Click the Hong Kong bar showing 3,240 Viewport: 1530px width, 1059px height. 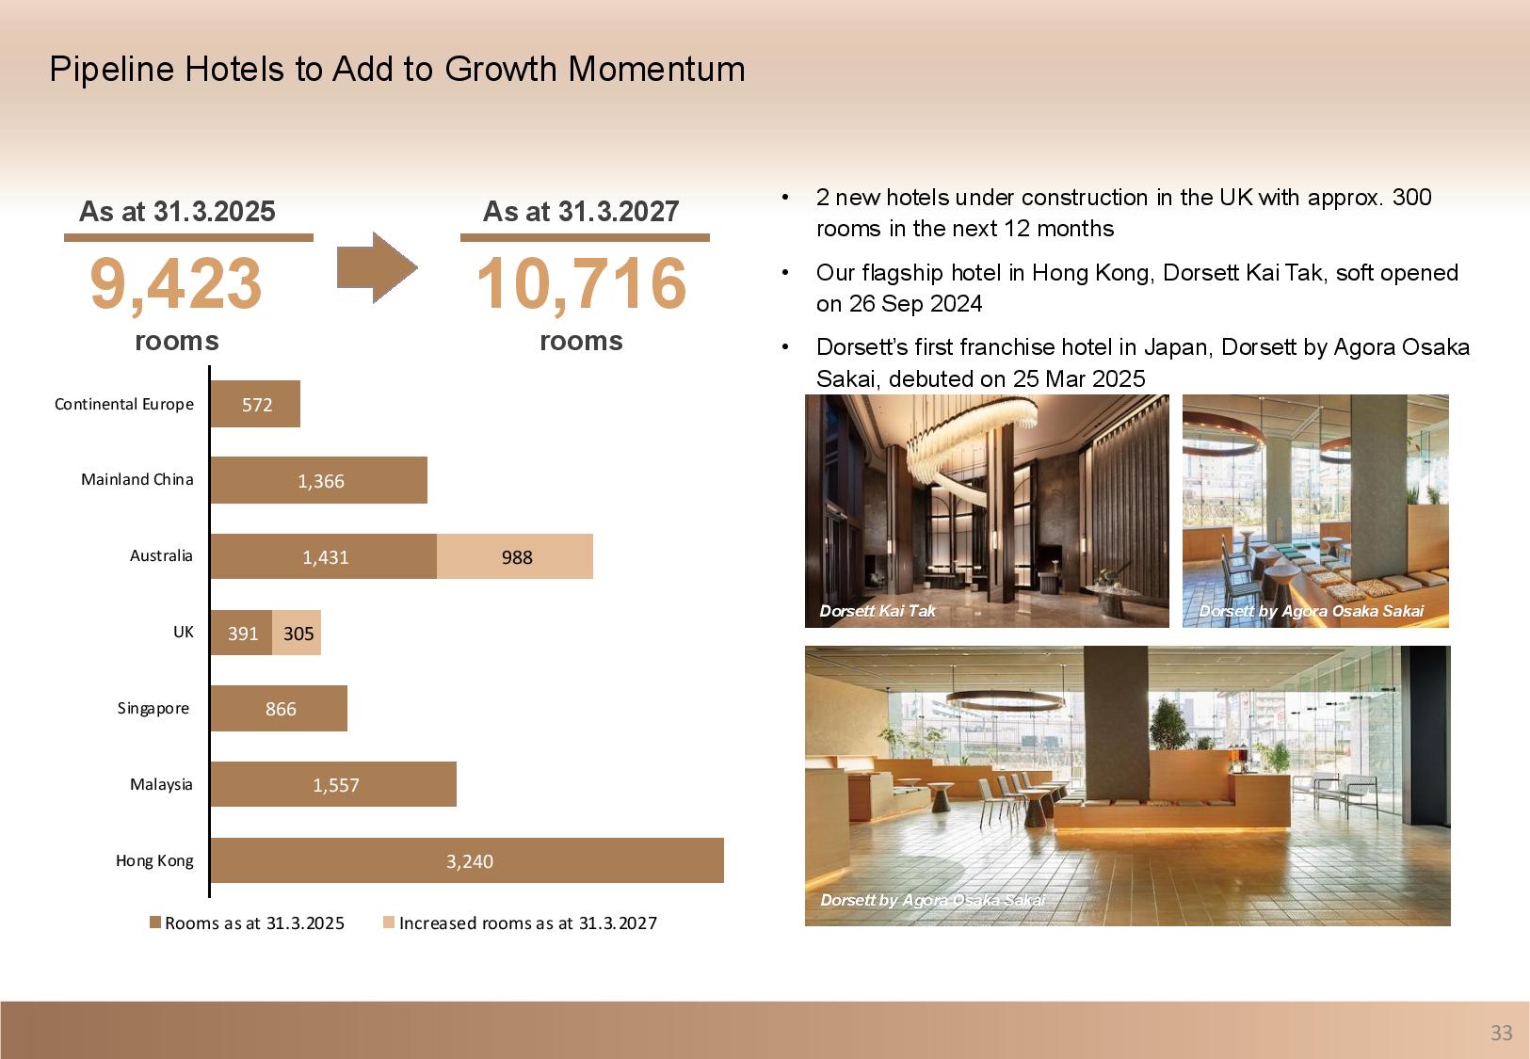click(x=467, y=860)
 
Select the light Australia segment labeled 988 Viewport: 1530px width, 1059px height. click(x=515, y=556)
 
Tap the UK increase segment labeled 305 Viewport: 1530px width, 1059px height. click(x=297, y=633)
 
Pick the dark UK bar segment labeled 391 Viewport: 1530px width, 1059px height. click(x=242, y=633)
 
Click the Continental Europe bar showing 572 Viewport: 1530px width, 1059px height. click(x=255, y=404)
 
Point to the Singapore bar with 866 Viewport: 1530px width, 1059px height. click(x=279, y=709)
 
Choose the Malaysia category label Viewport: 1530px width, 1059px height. click(x=161, y=784)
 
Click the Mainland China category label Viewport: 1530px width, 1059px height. click(x=137, y=479)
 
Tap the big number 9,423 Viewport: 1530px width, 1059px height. click(x=175, y=283)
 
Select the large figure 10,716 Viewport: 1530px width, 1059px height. click(x=581, y=283)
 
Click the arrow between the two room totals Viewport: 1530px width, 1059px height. click(x=377, y=267)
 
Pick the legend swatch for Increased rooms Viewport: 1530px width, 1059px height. click(x=389, y=923)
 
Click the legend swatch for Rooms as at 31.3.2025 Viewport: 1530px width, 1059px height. click(x=155, y=923)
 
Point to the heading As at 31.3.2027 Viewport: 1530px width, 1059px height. click(x=581, y=212)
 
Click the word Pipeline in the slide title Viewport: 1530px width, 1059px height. click(x=111, y=70)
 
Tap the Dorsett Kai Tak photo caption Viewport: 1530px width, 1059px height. click(x=878, y=611)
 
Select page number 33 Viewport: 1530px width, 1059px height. click(x=1501, y=1033)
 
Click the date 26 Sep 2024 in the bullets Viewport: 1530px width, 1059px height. click(x=915, y=304)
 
